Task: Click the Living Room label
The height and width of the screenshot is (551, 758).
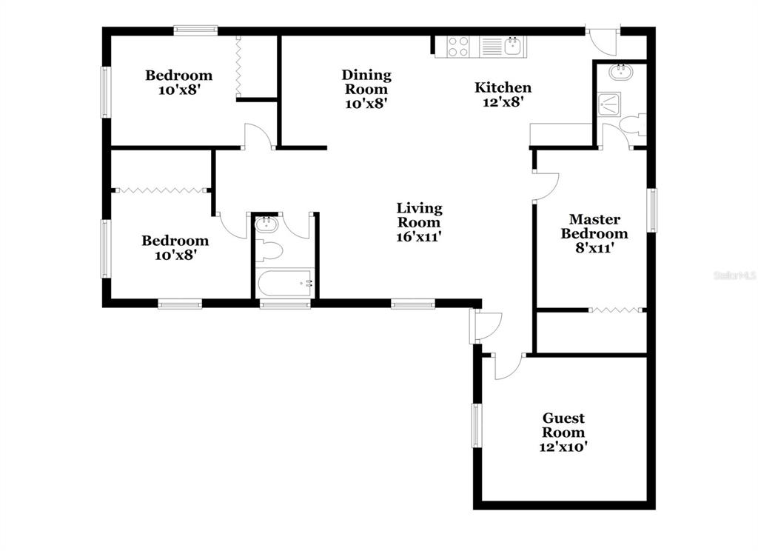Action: coord(419,216)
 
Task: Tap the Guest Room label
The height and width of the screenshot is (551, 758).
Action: coord(563,425)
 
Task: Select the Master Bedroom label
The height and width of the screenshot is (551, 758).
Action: coord(594,227)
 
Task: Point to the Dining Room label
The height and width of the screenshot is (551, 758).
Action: coord(366,81)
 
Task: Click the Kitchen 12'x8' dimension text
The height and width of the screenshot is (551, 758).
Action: coord(503,102)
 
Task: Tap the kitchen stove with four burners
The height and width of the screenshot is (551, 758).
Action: coord(457,47)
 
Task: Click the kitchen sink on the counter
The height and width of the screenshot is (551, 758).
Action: coord(513,47)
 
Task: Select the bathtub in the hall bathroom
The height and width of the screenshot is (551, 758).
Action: coord(285,284)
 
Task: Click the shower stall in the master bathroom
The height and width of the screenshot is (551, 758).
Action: coord(608,104)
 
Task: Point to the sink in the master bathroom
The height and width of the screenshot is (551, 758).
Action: coord(620,73)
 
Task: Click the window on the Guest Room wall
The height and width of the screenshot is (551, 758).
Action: coord(477,425)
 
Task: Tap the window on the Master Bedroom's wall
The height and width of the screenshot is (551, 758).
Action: coord(651,210)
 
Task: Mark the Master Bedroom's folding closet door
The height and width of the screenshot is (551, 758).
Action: coord(617,310)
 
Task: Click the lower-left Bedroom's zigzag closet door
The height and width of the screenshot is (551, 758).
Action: coord(161,190)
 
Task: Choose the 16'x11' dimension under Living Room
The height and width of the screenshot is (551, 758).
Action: coord(419,236)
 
